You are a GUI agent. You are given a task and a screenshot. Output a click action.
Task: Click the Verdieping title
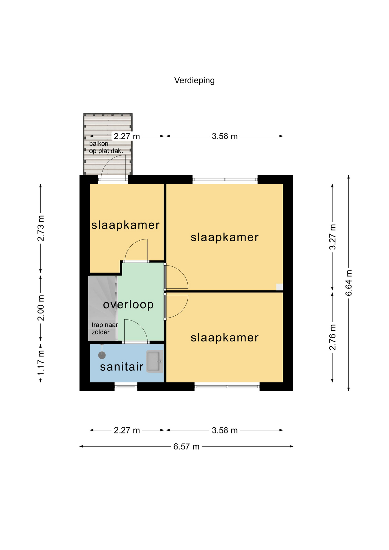pyautogui.click(x=194, y=80)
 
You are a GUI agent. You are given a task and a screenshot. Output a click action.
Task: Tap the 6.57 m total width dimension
pyautogui.click(x=186, y=447)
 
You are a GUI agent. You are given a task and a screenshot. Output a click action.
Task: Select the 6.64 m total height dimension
pyautogui.click(x=349, y=283)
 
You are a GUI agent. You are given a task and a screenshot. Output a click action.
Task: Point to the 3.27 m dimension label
pyautogui.click(x=332, y=237)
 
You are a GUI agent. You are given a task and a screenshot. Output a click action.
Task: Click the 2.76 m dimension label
pyautogui.click(x=332, y=337)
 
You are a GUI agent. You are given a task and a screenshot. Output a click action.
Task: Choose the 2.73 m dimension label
pyautogui.click(x=41, y=228)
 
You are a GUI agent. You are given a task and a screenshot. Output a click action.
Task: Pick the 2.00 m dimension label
pyautogui.click(x=41, y=308)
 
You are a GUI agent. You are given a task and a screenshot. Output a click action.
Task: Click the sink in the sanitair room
pyautogui.click(x=154, y=361)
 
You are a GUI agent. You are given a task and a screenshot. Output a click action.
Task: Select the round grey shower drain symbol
pyautogui.click(x=102, y=355)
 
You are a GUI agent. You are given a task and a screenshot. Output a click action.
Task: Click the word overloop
pyautogui.click(x=128, y=305)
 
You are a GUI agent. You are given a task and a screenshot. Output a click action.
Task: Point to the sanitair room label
pyautogui.click(x=122, y=367)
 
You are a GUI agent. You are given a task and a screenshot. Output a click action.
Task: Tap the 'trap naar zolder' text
pyautogui.click(x=105, y=328)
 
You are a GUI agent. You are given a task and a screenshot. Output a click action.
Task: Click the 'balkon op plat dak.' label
pyautogui.click(x=106, y=147)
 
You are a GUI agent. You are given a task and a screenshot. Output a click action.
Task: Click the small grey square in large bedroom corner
pyautogui.click(x=279, y=287)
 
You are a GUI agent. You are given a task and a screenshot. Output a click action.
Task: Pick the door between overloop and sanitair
pyautogui.click(x=136, y=343)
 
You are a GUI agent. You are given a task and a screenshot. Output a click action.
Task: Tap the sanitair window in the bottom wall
pyautogui.click(x=126, y=386)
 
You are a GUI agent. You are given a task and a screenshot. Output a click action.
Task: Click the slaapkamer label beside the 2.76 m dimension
pyautogui.click(x=225, y=338)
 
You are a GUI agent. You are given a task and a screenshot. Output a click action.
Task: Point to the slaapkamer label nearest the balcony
pyautogui.click(x=125, y=225)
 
